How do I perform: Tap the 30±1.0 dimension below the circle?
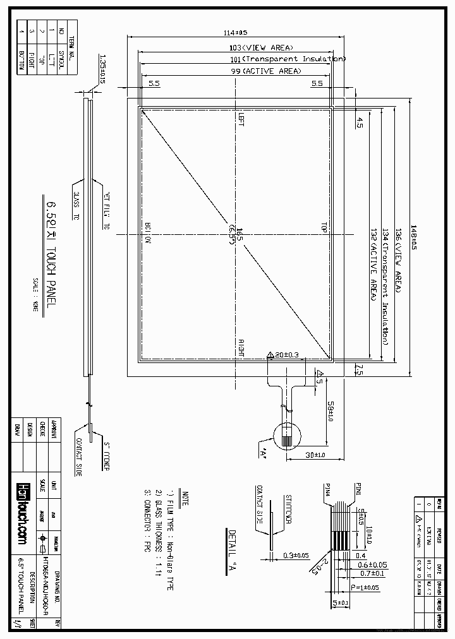(x=314, y=455)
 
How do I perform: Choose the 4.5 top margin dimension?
(x=360, y=122)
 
